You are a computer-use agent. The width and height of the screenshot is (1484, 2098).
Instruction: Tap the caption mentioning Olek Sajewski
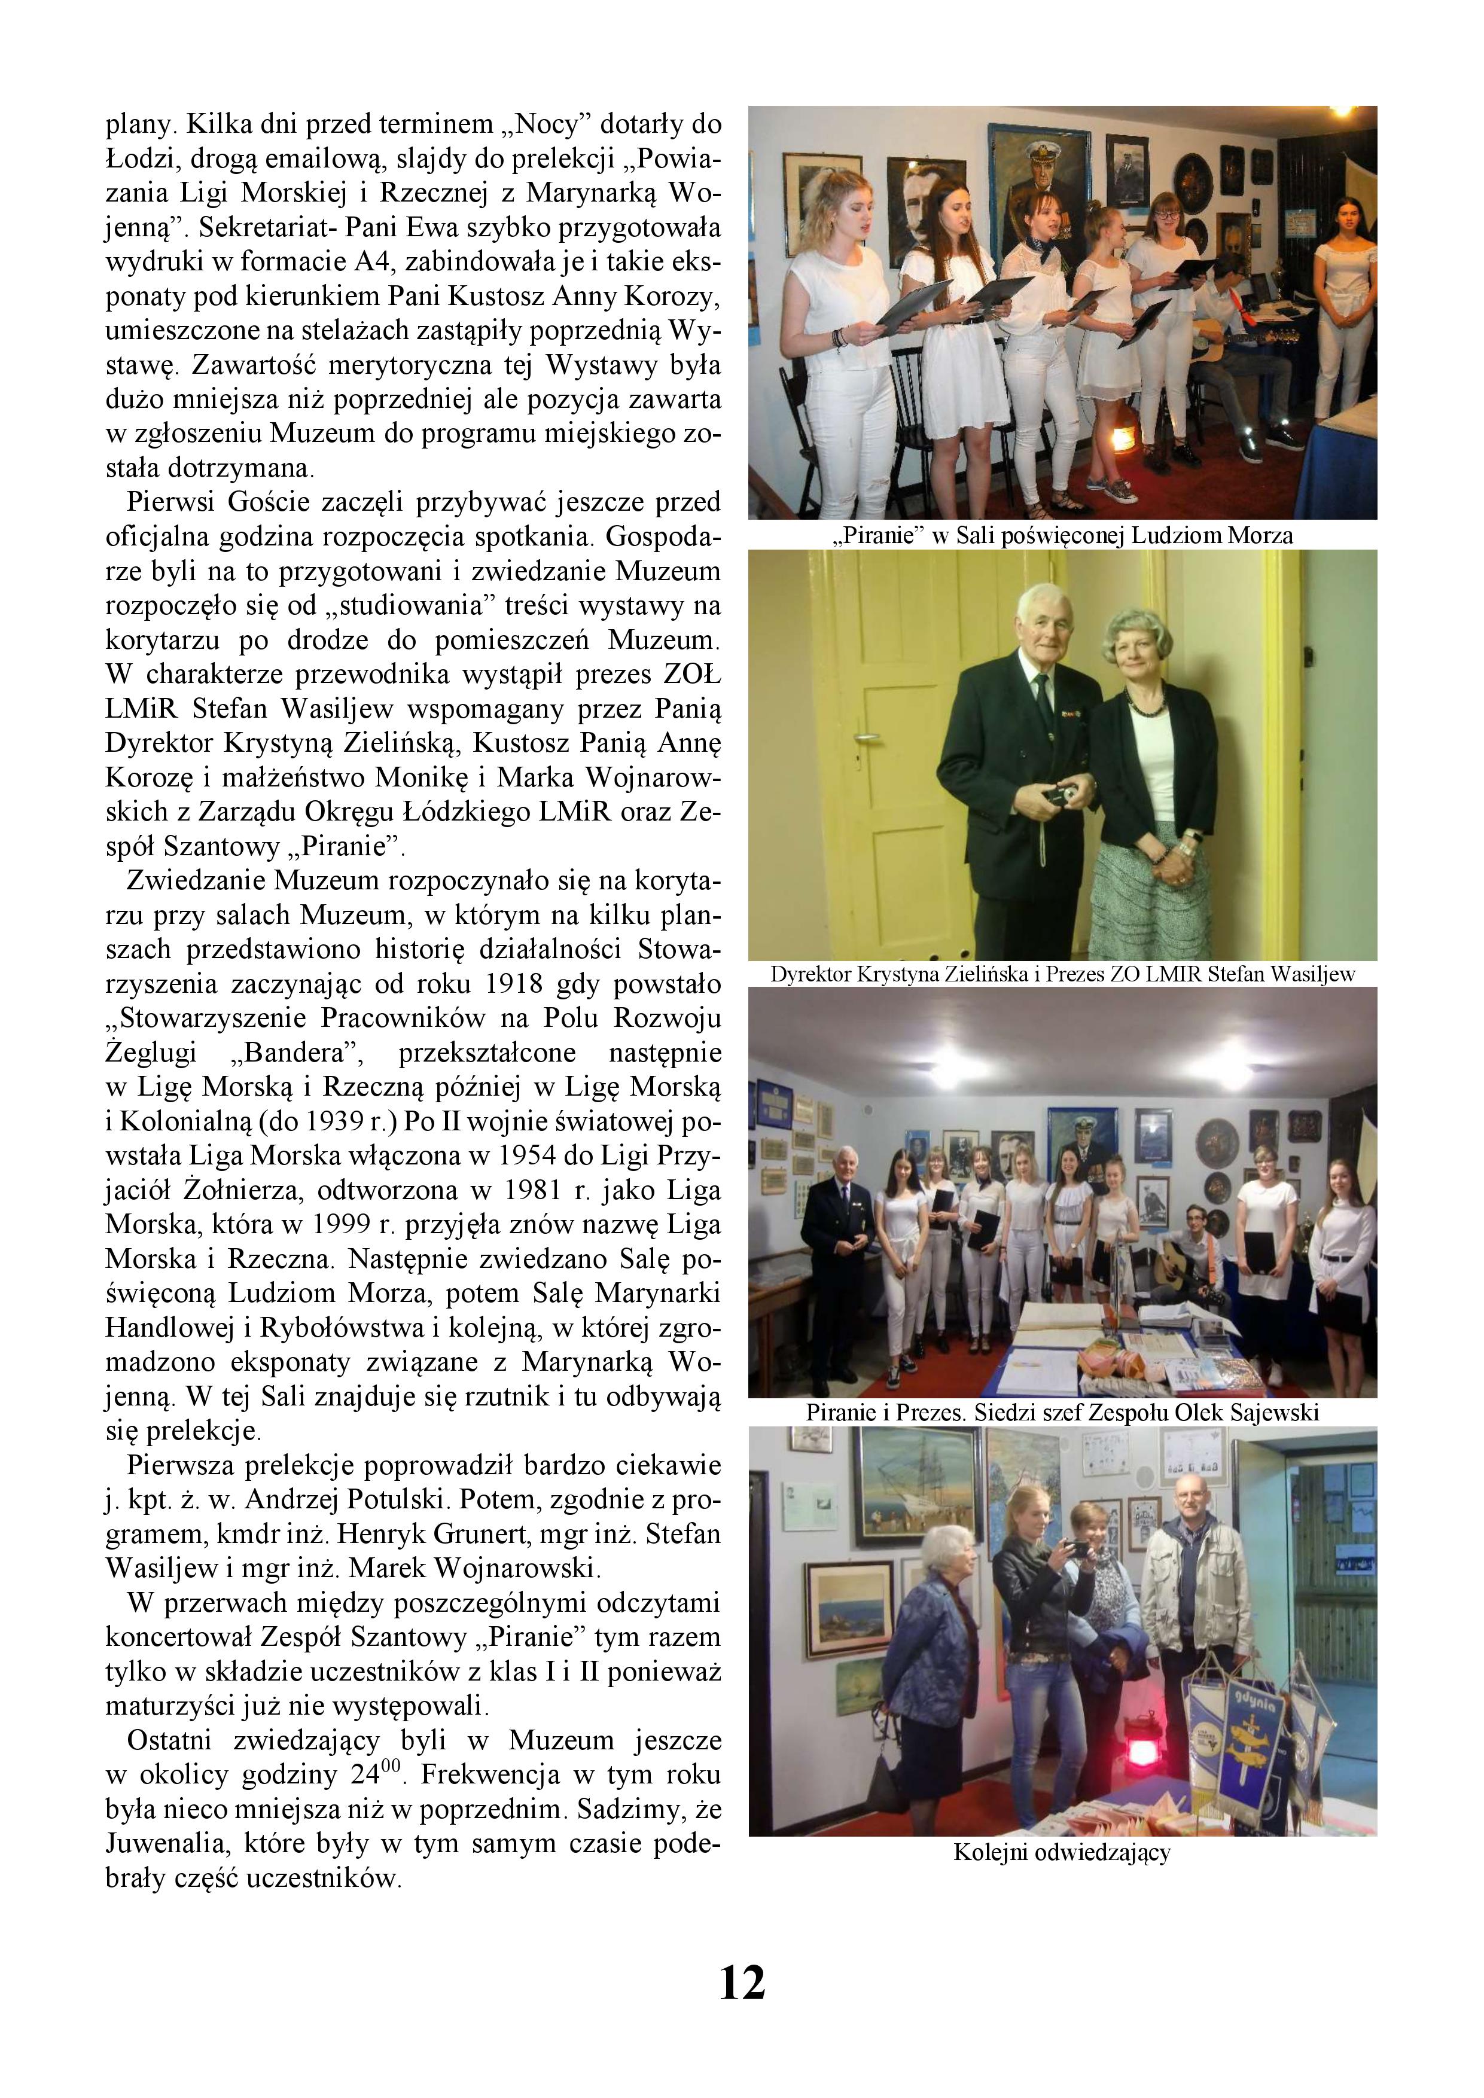point(1062,1413)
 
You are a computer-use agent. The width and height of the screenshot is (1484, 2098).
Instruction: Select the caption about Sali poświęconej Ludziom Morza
point(1062,535)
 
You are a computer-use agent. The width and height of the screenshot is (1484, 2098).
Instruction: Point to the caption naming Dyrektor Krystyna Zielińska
point(1062,974)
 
